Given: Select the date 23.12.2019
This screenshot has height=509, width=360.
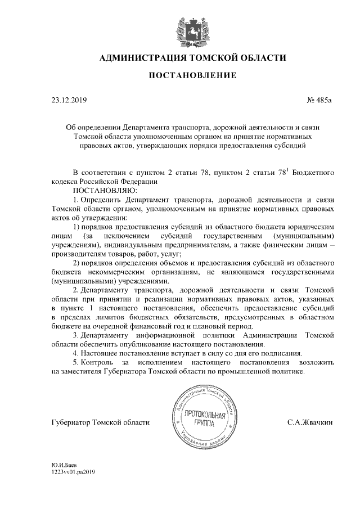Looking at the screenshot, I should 66,101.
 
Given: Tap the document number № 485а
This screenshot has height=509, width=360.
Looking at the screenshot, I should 320,101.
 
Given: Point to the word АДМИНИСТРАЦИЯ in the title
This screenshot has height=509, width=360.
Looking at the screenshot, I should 139,58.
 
